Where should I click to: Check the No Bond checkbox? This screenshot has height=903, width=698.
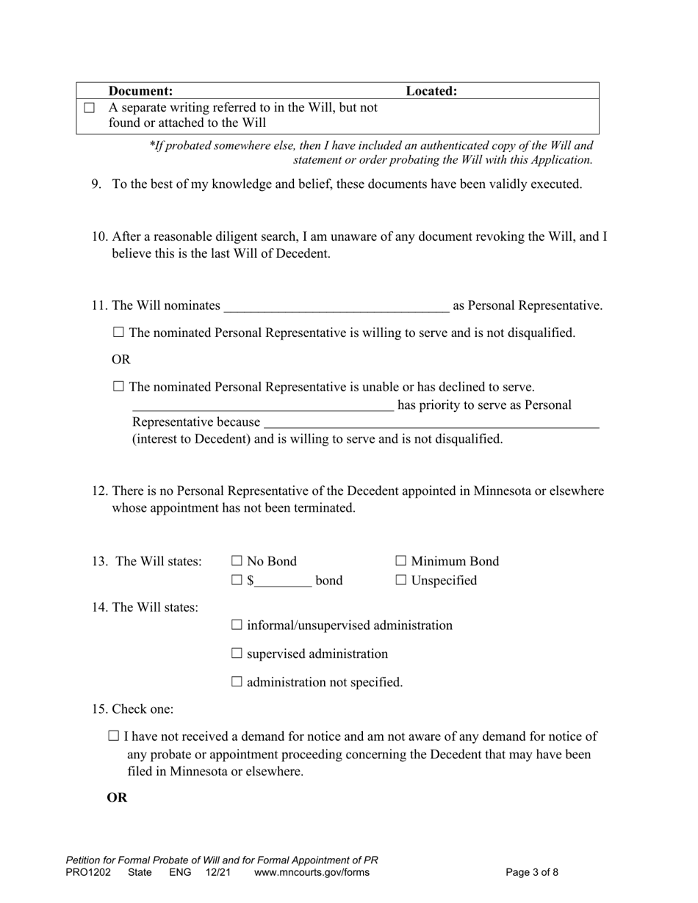point(237,562)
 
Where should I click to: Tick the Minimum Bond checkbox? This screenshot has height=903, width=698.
point(400,562)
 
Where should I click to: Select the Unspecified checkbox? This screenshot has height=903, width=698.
point(400,581)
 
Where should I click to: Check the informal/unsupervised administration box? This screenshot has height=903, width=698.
point(237,625)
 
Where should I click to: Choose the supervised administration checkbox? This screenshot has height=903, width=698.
point(237,653)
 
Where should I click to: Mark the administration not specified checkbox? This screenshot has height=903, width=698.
point(237,682)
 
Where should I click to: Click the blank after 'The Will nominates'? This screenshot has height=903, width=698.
point(337,305)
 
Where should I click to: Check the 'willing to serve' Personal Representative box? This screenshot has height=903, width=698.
point(119,333)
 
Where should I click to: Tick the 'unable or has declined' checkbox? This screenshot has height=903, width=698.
point(119,387)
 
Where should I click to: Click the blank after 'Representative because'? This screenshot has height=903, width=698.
point(431,422)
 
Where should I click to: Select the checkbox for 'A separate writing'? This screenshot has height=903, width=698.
point(90,108)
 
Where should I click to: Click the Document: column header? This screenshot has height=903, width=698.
point(141,91)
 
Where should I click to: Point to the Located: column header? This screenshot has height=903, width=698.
point(431,91)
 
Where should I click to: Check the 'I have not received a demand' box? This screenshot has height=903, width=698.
point(114,736)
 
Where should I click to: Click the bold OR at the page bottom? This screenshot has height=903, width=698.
point(118,797)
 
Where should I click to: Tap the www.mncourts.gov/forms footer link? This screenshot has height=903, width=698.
point(312,873)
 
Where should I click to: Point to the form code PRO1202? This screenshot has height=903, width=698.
point(88,873)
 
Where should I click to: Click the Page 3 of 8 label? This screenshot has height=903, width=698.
point(532,873)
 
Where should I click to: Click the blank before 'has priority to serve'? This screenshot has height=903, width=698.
point(263,405)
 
